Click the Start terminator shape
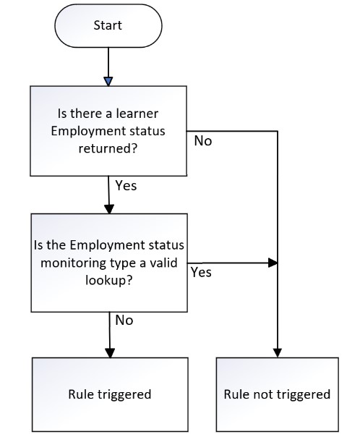pyautogui.click(x=108, y=25)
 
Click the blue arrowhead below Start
pyautogui.click(x=108, y=81)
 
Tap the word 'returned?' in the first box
pyautogui.click(x=108, y=148)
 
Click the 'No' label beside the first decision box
pyautogui.click(x=203, y=141)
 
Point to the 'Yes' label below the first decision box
pyautogui.click(x=126, y=186)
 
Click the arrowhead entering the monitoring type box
pyautogui.click(x=109, y=209)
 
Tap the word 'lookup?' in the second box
pyautogui.click(x=109, y=280)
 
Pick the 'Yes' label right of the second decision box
pyautogui.click(x=201, y=272)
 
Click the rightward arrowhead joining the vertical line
pyautogui.click(x=273, y=263)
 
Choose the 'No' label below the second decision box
pyautogui.click(x=124, y=321)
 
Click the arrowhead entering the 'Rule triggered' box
pyautogui.click(x=110, y=353)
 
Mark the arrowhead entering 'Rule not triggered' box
pyautogui.click(x=278, y=353)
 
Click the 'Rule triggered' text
pyautogui.click(x=110, y=394)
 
